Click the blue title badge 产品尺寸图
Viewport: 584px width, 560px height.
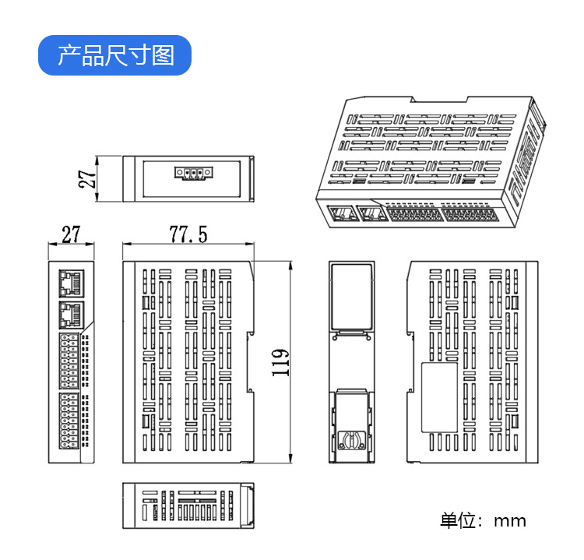click(114, 55)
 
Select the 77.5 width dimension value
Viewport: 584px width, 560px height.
click(188, 234)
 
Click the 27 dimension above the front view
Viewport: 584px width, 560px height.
click(71, 234)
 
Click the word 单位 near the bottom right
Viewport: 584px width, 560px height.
click(458, 521)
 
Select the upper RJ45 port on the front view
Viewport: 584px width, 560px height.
click(71, 281)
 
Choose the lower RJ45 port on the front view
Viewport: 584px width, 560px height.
click(71, 315)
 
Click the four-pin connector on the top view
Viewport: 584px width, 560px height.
click(192, 173)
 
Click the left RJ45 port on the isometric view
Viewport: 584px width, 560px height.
click(339, 213)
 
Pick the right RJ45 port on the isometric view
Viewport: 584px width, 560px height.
click(369, 213)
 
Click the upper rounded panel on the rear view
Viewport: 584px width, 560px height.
click(350, 297)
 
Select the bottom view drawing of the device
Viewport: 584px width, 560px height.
click(188, 506)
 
